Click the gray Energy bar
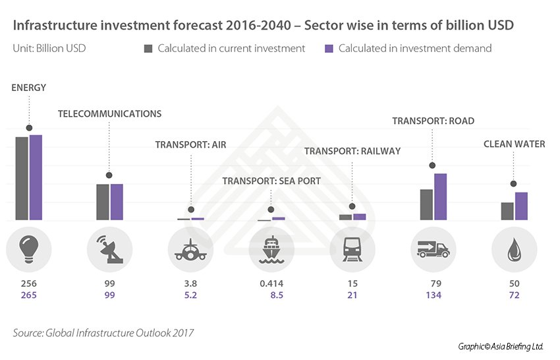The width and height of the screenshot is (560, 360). (22, 178)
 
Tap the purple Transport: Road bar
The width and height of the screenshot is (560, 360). (440, 196)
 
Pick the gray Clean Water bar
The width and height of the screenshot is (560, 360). (507, 211)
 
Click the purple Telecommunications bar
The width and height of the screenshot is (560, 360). (117, 202)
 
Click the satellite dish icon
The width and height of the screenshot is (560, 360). (109, 249)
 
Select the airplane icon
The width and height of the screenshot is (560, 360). (190, 249)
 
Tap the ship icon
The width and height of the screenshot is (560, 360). (271, 249)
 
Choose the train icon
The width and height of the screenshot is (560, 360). (352, 249)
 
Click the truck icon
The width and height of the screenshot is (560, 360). (434, 249)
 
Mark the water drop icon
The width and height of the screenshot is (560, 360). (514, 249)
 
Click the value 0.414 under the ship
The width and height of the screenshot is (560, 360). (271, 284)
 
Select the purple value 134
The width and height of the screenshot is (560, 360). (434, 295)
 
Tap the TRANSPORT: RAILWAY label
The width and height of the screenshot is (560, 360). (352, 151)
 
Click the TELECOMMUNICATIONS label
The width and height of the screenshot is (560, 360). (109, 113)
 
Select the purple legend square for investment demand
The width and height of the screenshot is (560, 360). (330, 48)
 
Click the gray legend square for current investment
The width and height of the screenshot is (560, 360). (148, 48)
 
